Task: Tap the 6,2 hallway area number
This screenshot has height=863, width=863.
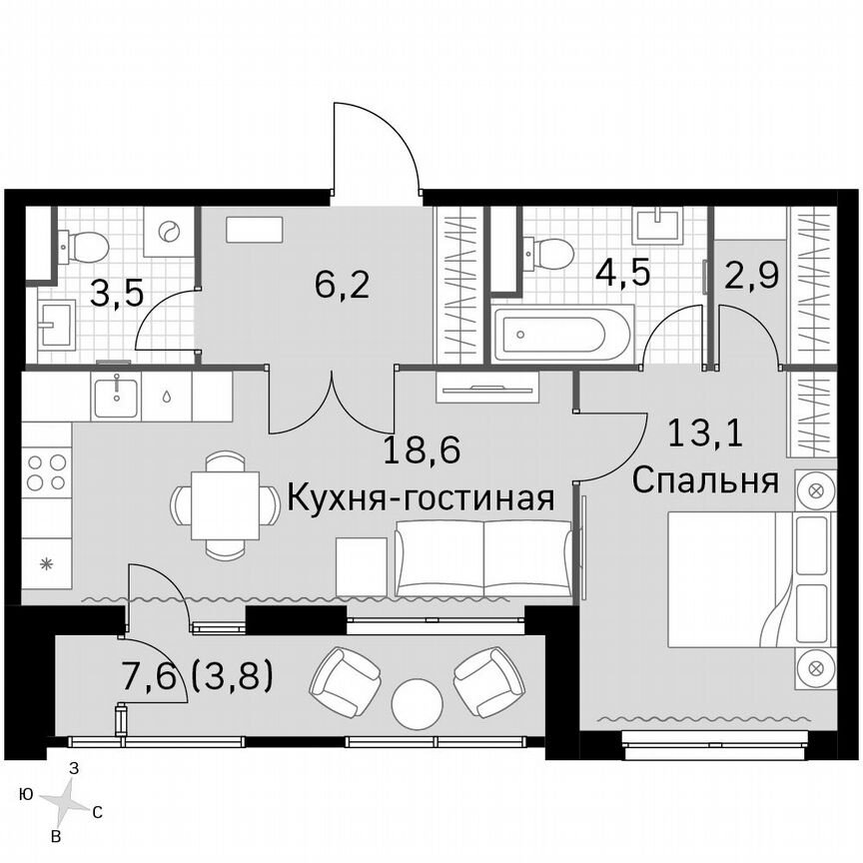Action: pos(342,286)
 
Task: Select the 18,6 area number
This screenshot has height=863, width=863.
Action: pos(422,452)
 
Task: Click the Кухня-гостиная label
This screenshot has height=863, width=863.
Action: pos(421,497)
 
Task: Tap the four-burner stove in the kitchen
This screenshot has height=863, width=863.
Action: pos(47,471)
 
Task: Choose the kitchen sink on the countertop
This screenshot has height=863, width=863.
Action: pos(117,396)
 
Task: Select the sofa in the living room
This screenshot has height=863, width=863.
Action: pos(483,559)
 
